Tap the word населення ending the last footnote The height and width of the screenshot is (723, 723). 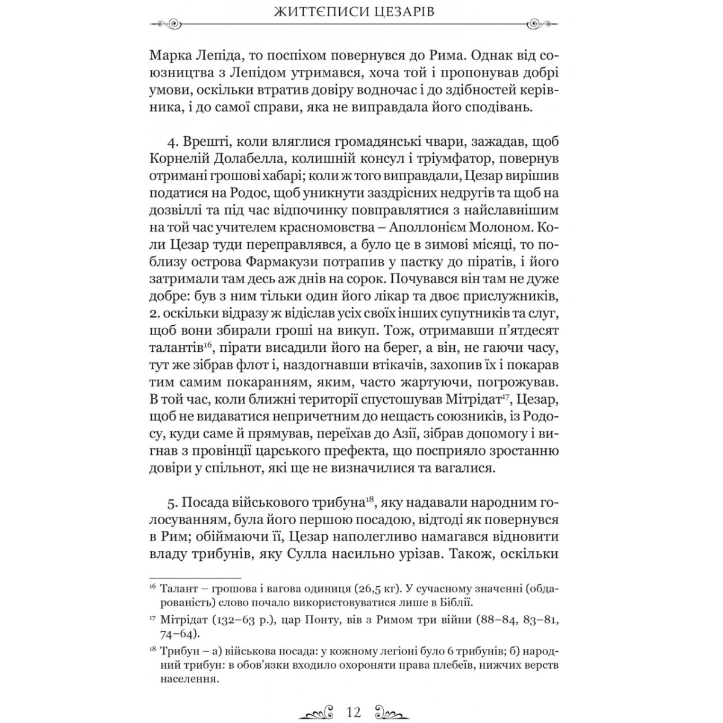[x=189, y=679]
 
